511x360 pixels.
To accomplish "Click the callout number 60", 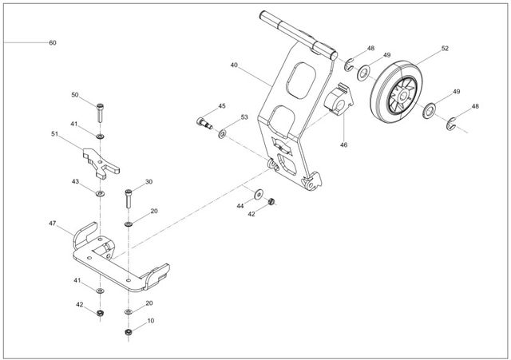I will pos(52,42).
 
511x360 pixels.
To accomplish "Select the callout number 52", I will pos(445,49).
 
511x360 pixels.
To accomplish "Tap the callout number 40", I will pos(234,65).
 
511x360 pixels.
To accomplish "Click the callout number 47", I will pos(52,224).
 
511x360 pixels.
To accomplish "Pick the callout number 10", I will pos(151,321).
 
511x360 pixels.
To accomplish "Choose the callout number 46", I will pos(344,145).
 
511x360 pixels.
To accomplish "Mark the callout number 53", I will pos(244,117).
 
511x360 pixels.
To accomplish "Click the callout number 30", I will pos(149,182).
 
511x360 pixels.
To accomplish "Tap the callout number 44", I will pos(240,206).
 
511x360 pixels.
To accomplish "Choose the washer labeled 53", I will pos(223,129).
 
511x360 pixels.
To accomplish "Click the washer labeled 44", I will pos(258,194).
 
